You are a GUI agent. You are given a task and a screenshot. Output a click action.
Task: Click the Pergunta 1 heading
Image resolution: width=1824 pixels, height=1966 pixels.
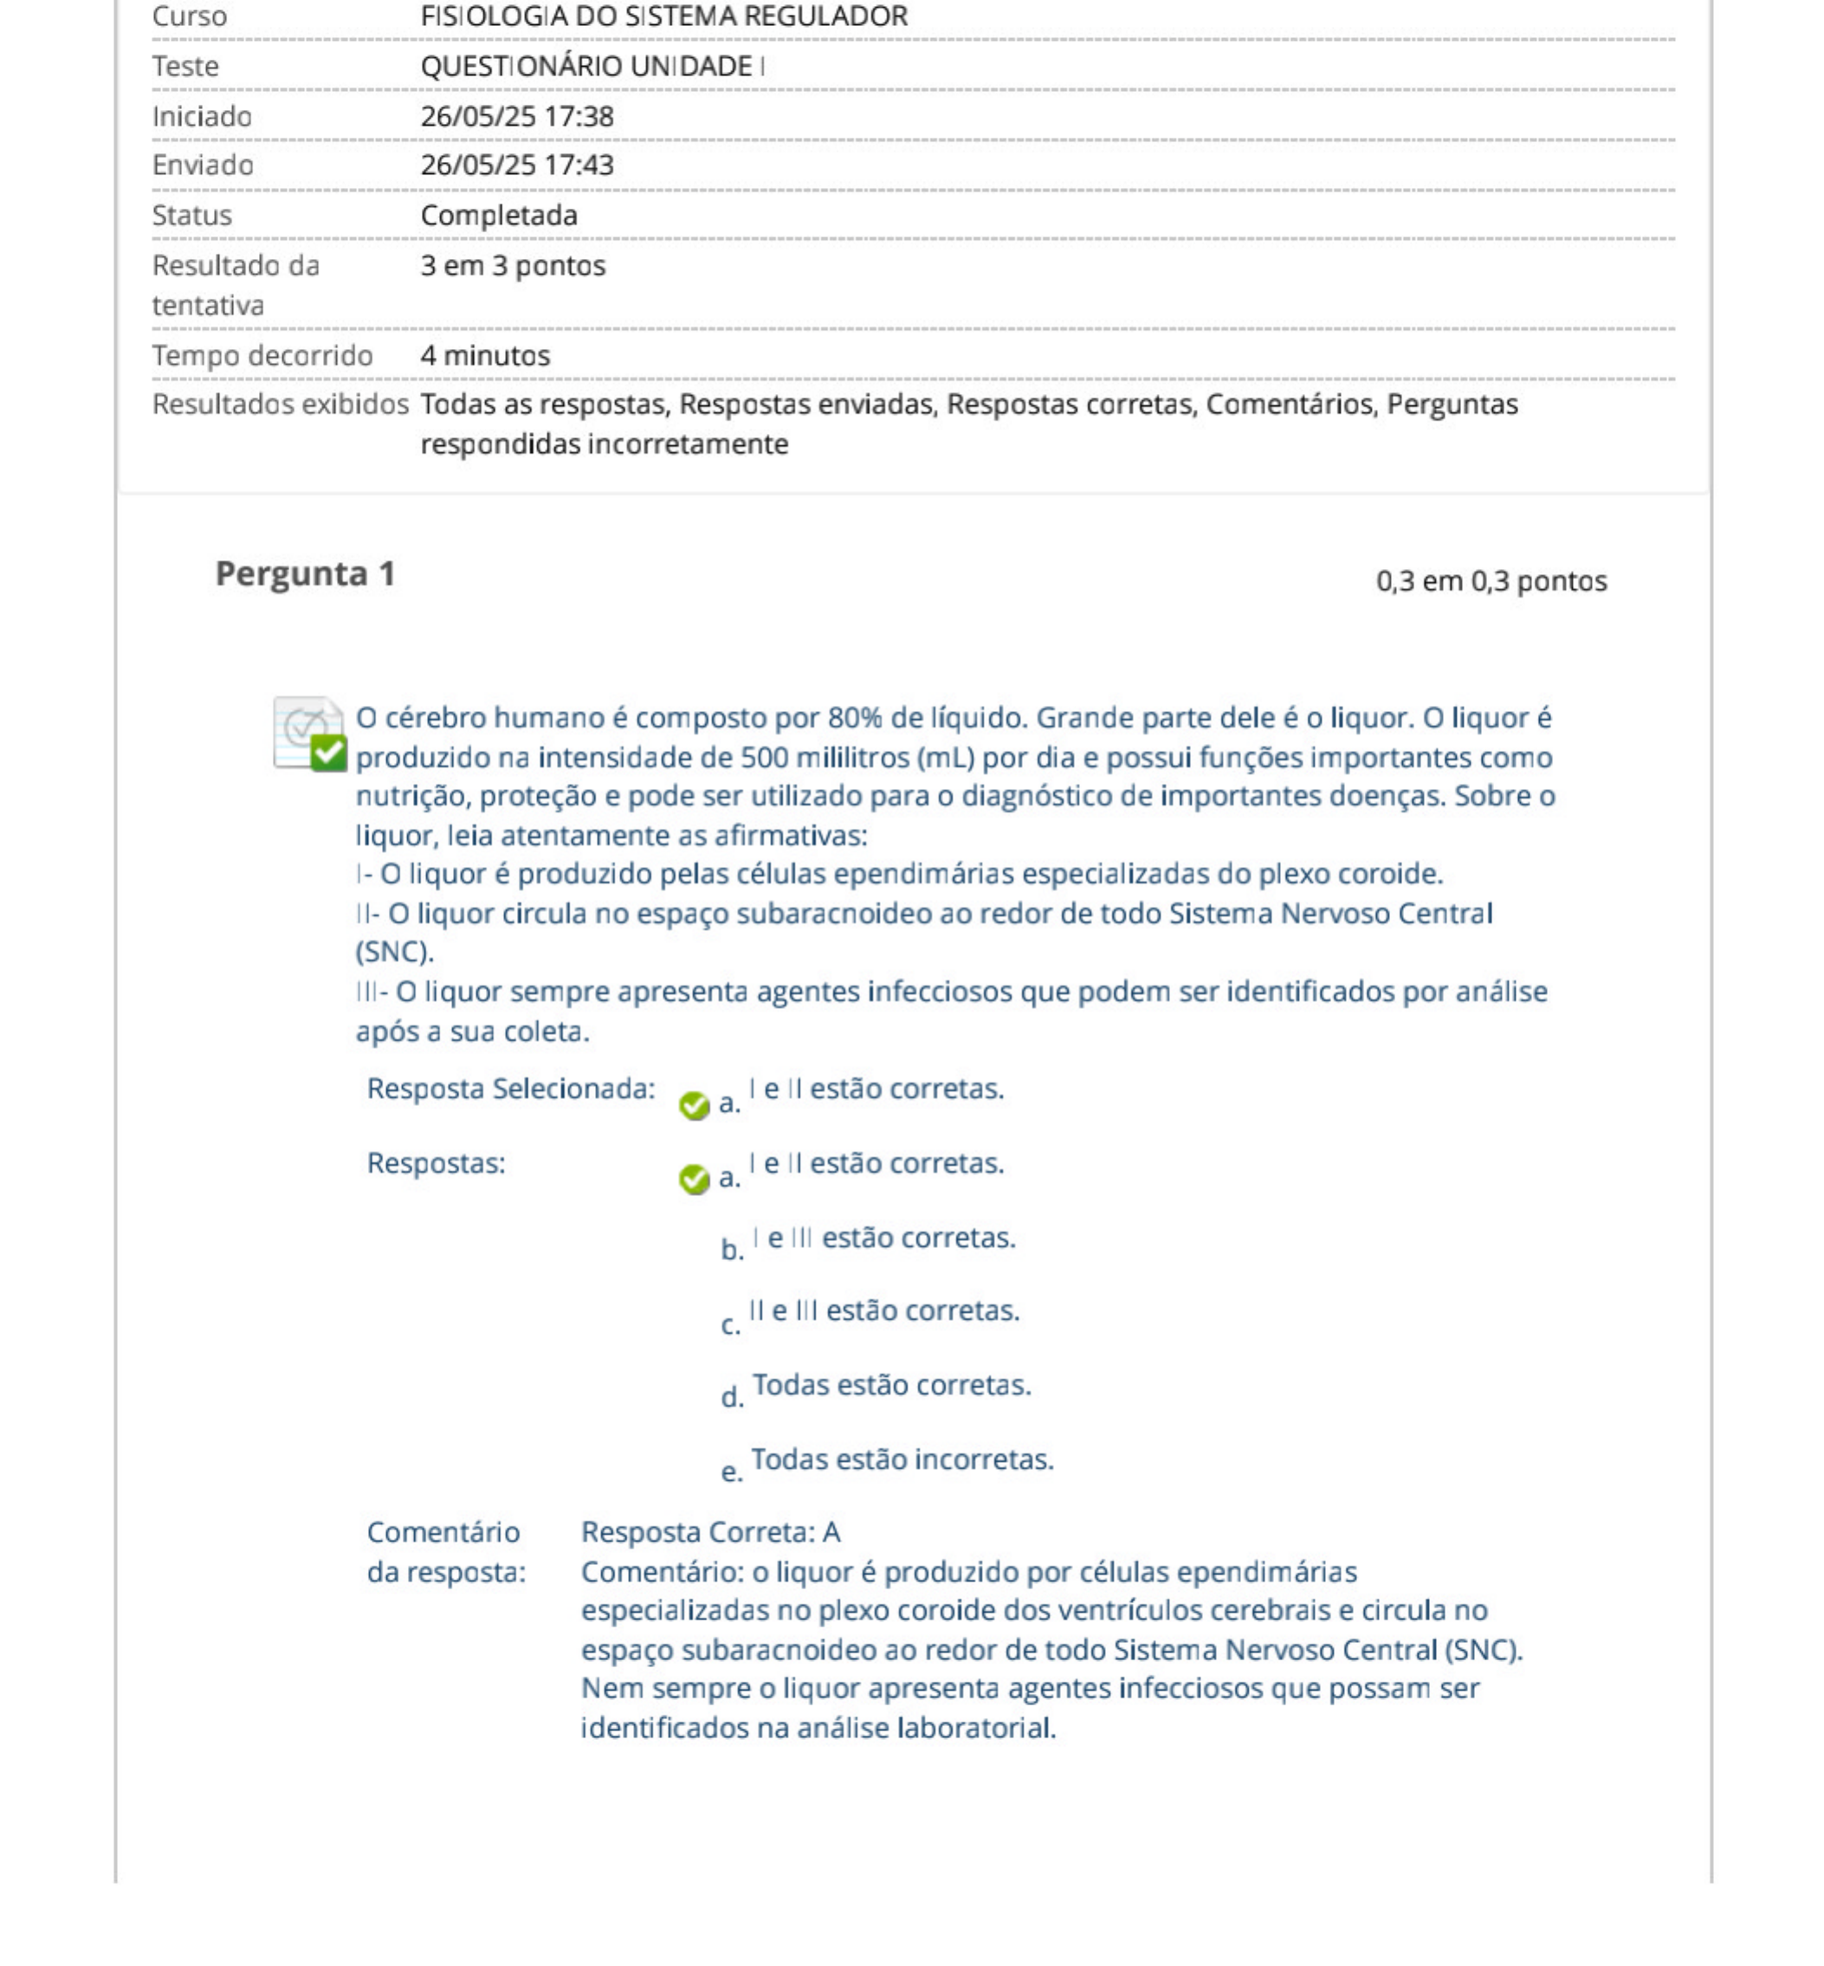click(x=305, y=573)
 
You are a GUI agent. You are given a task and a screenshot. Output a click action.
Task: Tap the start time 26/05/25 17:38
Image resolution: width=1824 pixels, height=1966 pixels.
click(x=516, y=116)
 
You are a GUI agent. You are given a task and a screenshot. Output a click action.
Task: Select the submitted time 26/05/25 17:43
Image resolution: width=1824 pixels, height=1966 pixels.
click(x=516, y=165)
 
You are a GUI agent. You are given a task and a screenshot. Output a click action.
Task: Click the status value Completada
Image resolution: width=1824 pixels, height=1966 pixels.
click(x=499, y=215)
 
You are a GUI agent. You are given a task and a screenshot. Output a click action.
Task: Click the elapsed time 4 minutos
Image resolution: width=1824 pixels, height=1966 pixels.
click(x=485, y=355)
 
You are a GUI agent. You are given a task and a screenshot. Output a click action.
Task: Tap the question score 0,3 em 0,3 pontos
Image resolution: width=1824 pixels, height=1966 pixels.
click(x=1491, y=581)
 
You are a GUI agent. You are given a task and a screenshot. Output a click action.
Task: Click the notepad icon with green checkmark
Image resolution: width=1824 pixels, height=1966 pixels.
click(x=309, y=734)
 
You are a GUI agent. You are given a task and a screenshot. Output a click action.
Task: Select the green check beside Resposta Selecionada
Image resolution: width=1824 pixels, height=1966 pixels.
click(x=694, y=1105)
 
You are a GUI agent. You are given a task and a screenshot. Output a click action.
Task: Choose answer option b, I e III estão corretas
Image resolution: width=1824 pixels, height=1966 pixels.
click(x=883, y=1238)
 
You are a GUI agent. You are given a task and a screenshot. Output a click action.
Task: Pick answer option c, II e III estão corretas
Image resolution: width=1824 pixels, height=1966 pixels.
click(x=883, y=1311)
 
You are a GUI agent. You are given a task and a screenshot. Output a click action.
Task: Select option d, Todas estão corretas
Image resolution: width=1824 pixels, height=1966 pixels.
click(x=891, y=1386)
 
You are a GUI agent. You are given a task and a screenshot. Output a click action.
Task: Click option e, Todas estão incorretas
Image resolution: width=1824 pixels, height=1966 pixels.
click(x=902, y=1459)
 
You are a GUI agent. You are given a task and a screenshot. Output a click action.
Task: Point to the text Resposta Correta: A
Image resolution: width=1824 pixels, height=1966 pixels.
click(x=711, y=1532)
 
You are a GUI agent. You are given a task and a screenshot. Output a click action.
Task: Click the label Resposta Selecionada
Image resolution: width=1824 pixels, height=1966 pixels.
click(x=510, y=1089)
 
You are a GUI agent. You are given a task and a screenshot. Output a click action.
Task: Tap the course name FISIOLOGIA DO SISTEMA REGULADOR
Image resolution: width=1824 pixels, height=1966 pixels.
click(x=663, y=16)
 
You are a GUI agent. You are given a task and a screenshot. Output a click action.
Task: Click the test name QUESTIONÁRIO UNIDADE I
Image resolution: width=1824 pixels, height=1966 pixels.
click(x=592, y=66)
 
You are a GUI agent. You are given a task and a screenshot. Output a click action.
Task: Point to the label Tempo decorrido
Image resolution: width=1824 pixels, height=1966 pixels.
click(x=262, y=355)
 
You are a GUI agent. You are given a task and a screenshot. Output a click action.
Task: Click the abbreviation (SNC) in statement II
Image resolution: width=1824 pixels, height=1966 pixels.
click(x=394, y=952)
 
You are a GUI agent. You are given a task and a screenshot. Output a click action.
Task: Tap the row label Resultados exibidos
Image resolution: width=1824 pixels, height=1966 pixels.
click(x=280, y=404)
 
